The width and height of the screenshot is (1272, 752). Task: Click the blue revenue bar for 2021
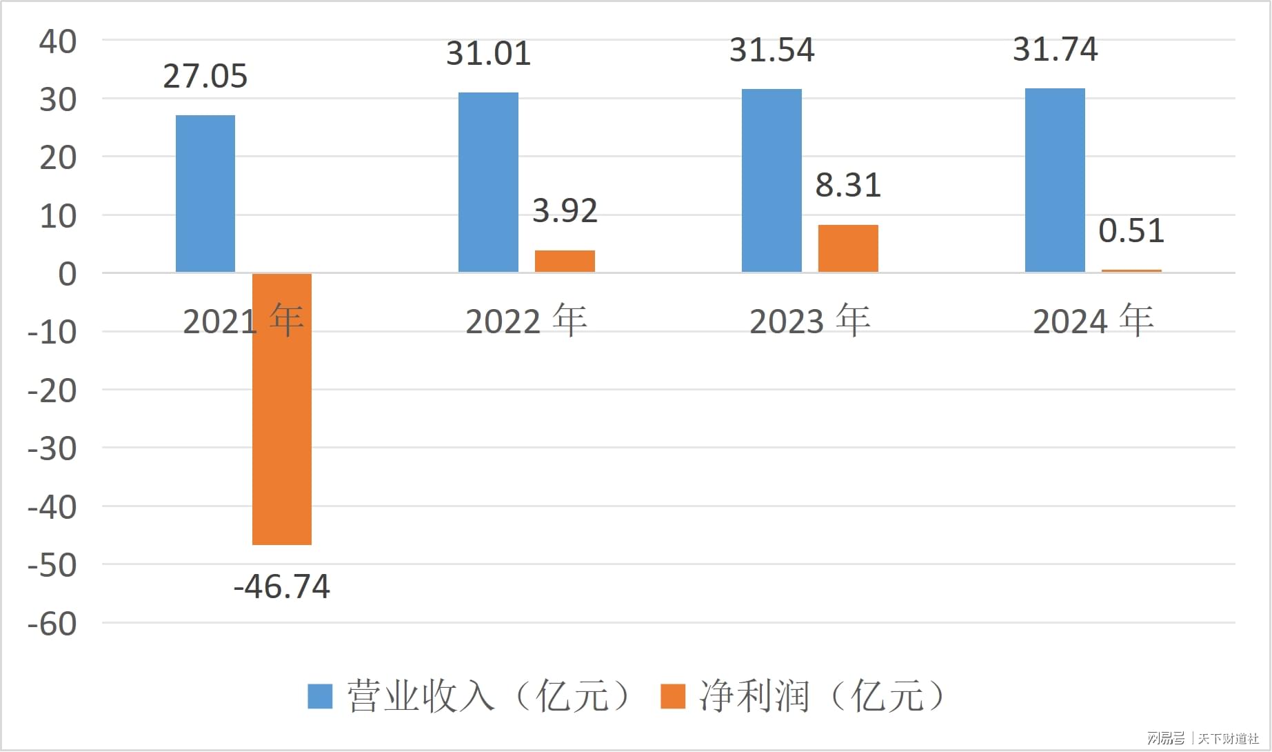coord(205,194)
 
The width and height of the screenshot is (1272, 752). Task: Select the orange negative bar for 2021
coord(282,409)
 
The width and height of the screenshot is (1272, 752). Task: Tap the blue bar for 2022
coord(488,182)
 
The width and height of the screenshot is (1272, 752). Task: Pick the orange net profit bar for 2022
coord(565,261)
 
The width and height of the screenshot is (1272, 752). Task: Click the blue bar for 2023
coord(771,181)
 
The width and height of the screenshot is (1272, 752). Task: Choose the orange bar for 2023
coord(848,248)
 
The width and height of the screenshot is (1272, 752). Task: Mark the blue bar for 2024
coord(1055,180)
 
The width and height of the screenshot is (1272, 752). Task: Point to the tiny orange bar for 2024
coord(1131,271)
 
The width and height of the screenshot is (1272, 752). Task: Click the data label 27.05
coord(205,77)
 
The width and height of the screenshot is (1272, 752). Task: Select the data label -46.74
coord(282,587)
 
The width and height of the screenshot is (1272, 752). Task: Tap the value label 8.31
coord(848,186)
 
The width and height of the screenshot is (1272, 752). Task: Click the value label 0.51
coord(1131,231)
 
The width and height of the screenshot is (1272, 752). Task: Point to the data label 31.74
coord(1055,50)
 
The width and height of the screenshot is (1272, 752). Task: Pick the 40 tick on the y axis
coord(58,42)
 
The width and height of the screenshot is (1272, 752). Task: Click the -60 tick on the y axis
coord(52,624)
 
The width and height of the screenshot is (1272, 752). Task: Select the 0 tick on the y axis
coord(68,275)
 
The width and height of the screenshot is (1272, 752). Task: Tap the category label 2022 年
coord(526,321)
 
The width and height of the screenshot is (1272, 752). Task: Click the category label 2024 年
coord(1093,321)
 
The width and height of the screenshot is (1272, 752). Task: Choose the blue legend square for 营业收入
coord(320,696)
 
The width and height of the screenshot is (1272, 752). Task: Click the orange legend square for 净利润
coord(673,696)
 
